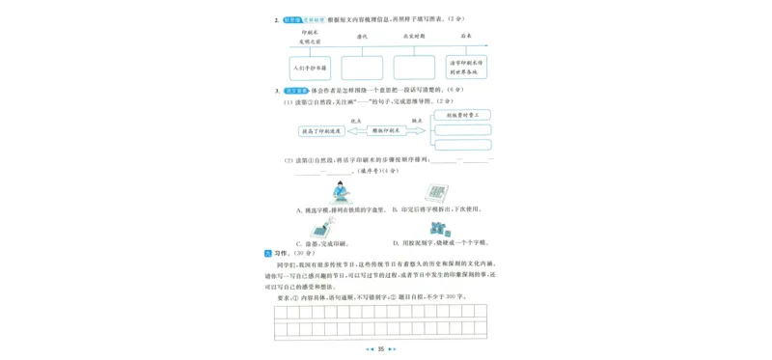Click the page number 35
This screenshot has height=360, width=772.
pyautogui.click(x=381, y=349)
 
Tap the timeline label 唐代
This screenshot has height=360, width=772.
pyautogui.click(x=363, y=36)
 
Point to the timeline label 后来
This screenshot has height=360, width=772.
pyautogui.click(x=466, y=36)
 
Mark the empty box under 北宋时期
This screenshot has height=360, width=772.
pyautogui.click(x=415, y=67)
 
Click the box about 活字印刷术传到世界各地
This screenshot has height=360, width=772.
pyautogui.click(x=467, y=67)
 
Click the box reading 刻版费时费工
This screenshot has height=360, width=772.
pyautogui.click(x=463, y=115)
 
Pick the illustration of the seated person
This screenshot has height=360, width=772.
pyautogui.click(x=340, y=192)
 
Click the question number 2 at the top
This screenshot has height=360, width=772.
pyautogui.click(x=277, y=18)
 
